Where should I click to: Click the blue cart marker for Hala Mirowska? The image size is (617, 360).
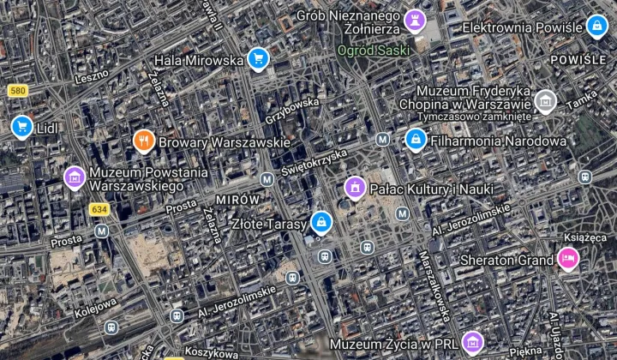[x=258, y=58]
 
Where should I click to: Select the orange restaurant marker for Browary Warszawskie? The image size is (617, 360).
[x=143, y=140]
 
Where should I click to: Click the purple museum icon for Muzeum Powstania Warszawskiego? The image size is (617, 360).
[x=75, y=177]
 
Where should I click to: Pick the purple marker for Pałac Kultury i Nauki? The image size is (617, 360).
[x=355, y=186]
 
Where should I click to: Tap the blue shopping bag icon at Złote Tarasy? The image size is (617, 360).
[x=320, y=223]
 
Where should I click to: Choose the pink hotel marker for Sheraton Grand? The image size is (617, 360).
[x=567, y=257]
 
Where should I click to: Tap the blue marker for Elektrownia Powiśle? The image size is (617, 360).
[x=596, y=27]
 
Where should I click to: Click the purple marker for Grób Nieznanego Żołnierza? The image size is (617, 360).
[x=416, y=20]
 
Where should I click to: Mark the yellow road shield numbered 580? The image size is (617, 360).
[x=17, y=90]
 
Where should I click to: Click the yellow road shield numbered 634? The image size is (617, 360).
[x=99, y=209]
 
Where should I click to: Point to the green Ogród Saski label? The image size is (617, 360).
[x=374, y=50]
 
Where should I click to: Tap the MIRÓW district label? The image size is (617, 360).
[x=237, y=199]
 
